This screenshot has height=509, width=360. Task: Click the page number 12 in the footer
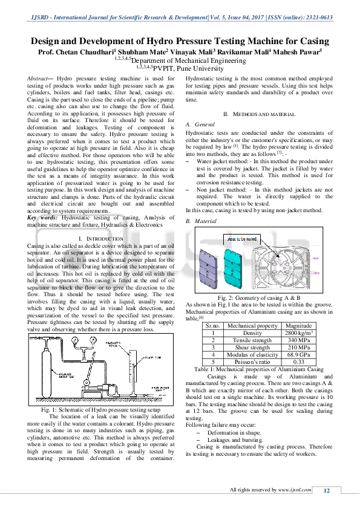(x=327, y=491)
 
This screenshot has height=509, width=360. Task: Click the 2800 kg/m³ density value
(x=298, y=332)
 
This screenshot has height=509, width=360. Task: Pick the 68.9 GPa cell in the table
(x=298, y=355)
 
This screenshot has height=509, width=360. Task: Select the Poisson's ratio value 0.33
(x=298, y=362)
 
